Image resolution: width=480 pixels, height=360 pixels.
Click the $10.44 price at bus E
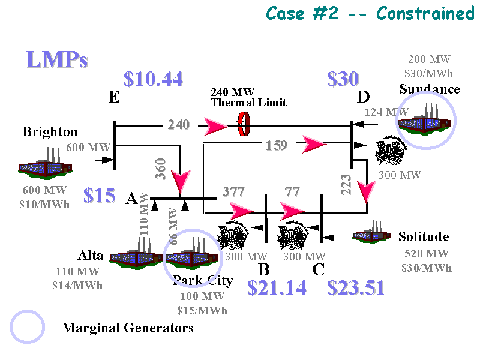coord(153,79)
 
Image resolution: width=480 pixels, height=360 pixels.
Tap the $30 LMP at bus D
coord(343,79)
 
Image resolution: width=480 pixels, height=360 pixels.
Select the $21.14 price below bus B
coord(277,289)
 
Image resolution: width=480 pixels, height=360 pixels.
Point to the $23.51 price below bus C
coord(356,289)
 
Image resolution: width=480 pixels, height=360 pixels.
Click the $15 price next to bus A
coord(99,196)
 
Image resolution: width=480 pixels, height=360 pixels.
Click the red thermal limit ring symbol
coord(244,125)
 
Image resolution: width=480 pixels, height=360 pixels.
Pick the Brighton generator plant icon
coord(45,164)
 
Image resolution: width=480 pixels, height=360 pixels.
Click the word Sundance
coord(430,89)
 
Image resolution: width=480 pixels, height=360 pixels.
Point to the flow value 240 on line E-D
coord(178,125)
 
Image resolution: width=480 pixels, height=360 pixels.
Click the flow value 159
coord(277,145)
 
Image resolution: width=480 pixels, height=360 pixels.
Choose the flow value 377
coord(234,192)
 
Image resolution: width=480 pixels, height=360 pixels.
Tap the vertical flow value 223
coord(347,185)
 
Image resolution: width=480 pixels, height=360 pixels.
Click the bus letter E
coord(114,97)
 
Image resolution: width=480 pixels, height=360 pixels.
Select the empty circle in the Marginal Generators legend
coord(28,328)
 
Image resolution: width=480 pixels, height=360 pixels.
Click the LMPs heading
coord(57,59)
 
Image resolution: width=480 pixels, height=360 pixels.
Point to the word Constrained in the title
coord(425,13)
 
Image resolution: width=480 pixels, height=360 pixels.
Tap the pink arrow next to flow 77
coord(294,211)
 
